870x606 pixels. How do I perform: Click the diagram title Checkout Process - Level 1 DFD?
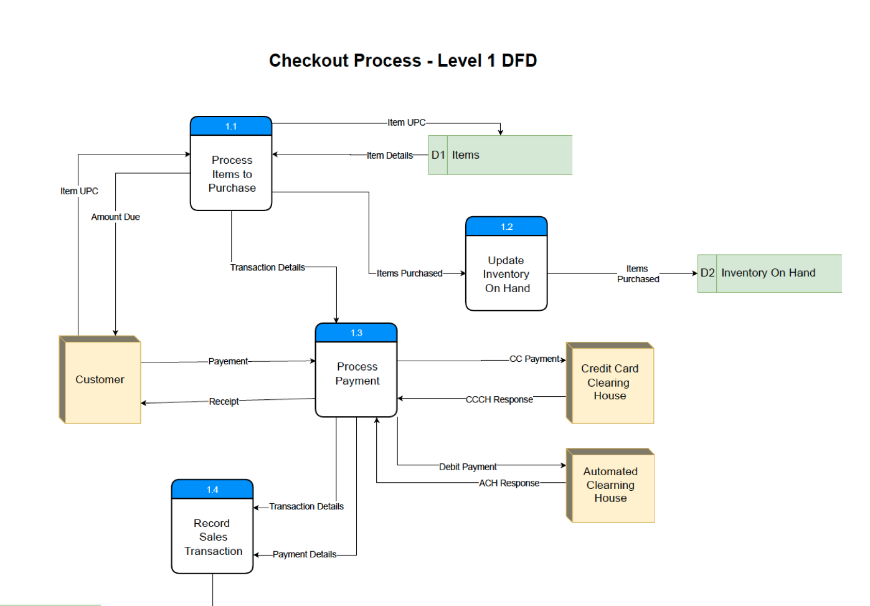pos(403,60)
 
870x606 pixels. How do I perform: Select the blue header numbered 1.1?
pos(231,126)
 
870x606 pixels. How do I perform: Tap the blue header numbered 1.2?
pos(506,227)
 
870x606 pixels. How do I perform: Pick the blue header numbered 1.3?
pos(356,333)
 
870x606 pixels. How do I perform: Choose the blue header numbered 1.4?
pos(212,490)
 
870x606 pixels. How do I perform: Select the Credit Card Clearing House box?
pos(610,382)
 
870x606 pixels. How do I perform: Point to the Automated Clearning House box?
pos(610,485)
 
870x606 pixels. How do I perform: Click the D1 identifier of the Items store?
pos(438,155)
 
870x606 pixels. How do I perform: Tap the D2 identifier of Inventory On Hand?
pos(707,273)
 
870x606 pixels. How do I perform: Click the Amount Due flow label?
pos(116,217)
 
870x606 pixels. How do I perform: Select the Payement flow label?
pos(228,361)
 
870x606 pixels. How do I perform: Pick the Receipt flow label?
pos(224,402)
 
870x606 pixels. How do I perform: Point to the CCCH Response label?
pos(499,399)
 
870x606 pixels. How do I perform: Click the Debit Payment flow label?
pos(468,466)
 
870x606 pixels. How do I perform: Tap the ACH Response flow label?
pos(509,483)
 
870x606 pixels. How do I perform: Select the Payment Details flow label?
pos(305,554)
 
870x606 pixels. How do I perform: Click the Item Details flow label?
pos(389,156)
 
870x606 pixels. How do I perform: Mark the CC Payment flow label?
pos(534,359)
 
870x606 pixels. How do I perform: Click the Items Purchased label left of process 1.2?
pos(409,273)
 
